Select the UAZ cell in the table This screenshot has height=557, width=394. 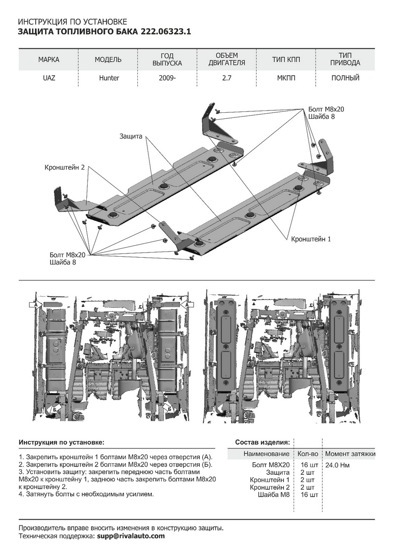(x=49, y=78)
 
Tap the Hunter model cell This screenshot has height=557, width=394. (x=109, y=78)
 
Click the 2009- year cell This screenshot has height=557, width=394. (x=167, y=78)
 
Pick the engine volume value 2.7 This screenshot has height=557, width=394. (x=227, y=78)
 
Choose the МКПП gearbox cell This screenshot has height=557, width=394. (x=286, y=78)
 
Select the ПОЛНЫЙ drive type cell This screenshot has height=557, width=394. (x=345, y=78)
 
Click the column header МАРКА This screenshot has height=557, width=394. (x=49, y=60)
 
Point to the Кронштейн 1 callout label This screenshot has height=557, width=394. (x=311, y=239)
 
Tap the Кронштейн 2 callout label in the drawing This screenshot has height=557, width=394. (x=65, y=167)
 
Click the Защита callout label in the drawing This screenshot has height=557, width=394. (x=131, y=136)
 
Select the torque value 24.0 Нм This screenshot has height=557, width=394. (x=337, y=465)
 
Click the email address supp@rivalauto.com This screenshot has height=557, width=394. (x=130, y=536)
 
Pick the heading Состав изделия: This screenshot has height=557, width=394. (x=263, y=442)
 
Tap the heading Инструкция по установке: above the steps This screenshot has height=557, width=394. (x=62, y=442)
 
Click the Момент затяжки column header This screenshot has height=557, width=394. (x=350, y=453)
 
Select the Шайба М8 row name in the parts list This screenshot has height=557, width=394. (x=273, y=495)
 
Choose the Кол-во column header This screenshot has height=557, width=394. (x=308, y=453)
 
